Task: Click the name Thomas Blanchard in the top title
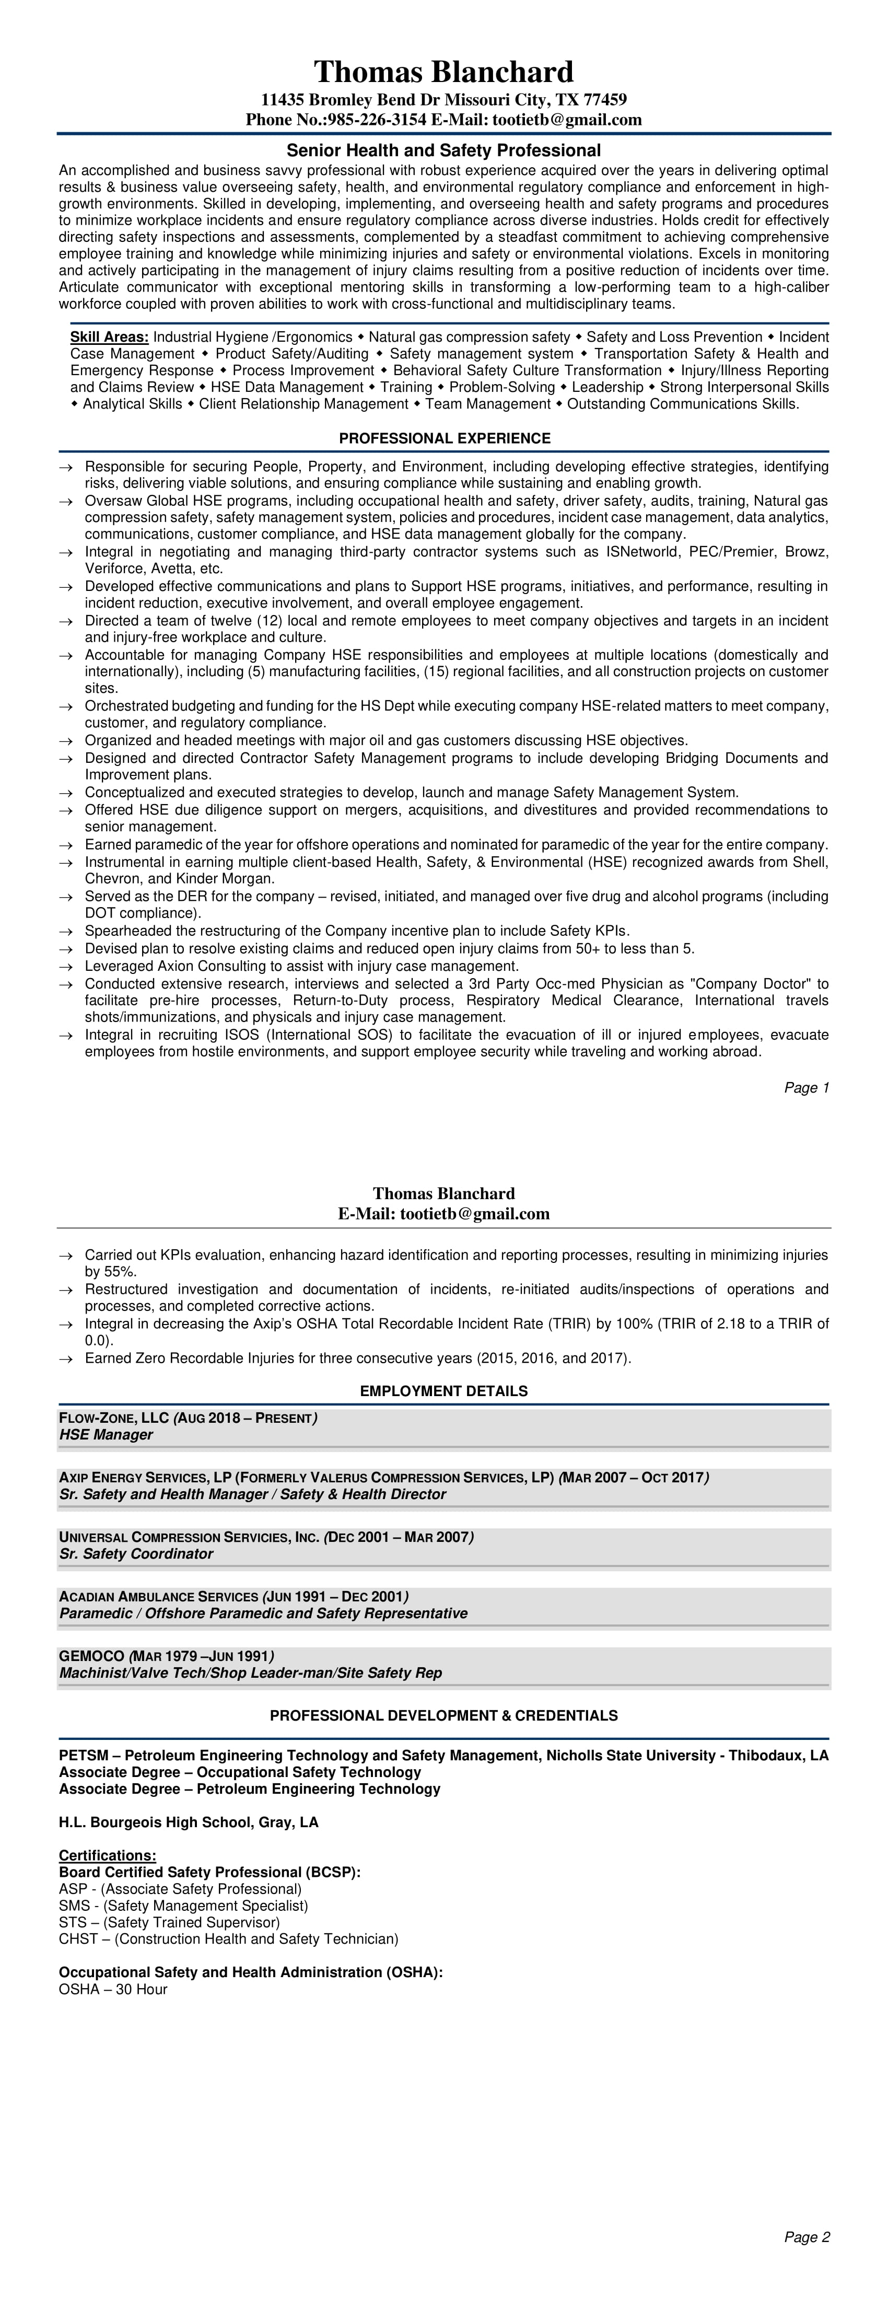tap(443, 72)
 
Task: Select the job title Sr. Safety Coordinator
tap(136, 1554)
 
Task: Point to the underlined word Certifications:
tap(107, 1855)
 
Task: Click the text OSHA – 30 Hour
tap(113, 1989)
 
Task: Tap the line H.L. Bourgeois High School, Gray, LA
tap(189, 1821)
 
